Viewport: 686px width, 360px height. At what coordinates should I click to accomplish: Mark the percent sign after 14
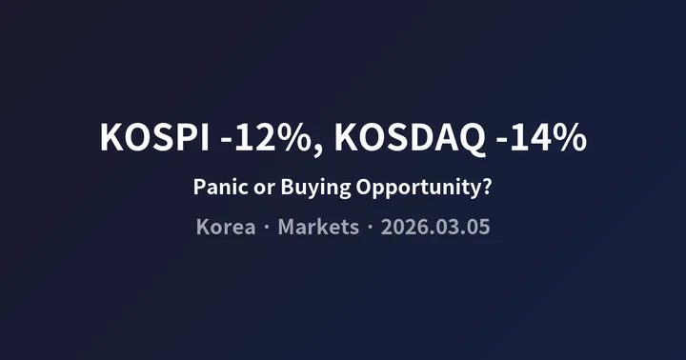(x=570, y=137)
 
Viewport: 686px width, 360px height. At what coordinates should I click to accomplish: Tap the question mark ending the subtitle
(x=487, y=187)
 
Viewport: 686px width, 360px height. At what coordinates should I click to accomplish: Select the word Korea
(x=225, y=229)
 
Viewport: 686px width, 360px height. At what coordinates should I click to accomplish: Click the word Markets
(x=318, y=229)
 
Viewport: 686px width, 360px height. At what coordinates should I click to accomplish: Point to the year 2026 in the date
(x=400, y=229)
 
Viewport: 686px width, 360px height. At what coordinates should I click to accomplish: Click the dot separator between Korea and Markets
(x=267, y=230)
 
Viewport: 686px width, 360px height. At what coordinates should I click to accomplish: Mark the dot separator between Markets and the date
(x=370, y=230)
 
